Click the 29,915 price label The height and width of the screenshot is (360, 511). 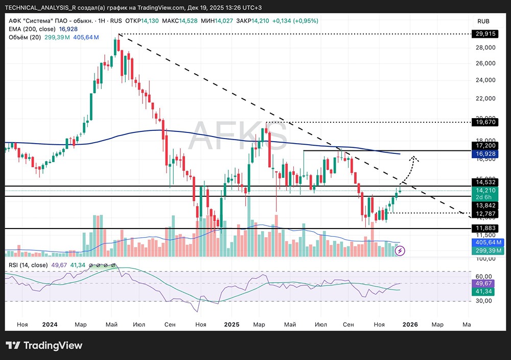click(x=485, y=34)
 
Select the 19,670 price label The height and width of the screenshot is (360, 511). click(x=485, y=123)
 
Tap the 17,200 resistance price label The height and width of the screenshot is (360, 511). click(x=485, y=145)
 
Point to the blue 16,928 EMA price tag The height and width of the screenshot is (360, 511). click(x=485, y=153)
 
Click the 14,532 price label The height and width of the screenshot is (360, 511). click(x=485, y=182)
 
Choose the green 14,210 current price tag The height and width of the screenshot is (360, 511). click(x=485, y=190)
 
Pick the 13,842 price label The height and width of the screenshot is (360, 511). click(x=485, y=205)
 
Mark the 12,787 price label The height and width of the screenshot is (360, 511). click(x=485, y=213)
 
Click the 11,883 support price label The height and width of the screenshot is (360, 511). click(x=485, y=228)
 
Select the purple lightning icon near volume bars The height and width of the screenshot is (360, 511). click(x=401, y=251)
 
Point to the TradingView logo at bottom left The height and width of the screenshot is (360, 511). click(x=44, y=346)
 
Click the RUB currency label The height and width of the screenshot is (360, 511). click(x=483, y=21)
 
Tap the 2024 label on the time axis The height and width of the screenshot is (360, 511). click(x=50, y=324)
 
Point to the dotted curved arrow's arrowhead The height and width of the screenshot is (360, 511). click(x=414, y=157)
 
